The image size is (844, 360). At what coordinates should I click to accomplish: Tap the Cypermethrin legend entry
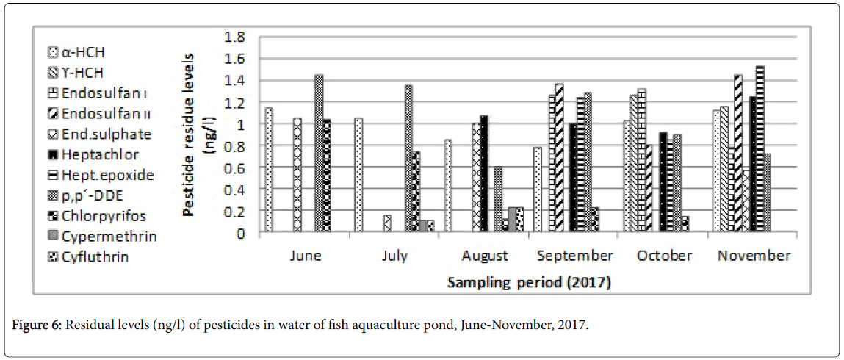102,236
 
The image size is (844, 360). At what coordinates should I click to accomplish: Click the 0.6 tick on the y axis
242,168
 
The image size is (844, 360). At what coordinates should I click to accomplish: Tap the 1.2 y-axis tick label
242,102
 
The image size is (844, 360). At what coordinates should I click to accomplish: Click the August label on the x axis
484,256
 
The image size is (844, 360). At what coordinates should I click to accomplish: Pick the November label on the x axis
754,256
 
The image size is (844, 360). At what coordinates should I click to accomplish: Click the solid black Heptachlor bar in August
483,173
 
